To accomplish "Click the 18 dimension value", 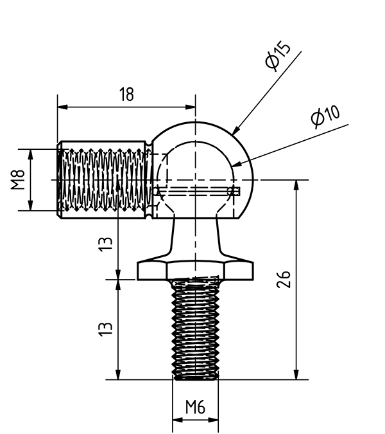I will point(126,95).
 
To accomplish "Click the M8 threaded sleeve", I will point(103,181).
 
